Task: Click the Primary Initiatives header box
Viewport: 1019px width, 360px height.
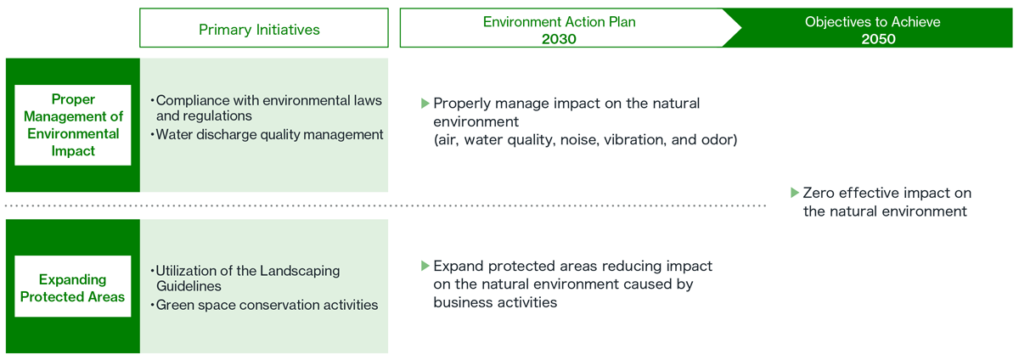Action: tap(259, 29)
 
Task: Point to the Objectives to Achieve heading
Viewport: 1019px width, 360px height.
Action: tap(872, 21)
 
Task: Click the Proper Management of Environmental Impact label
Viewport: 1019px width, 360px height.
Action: tap(73, 125)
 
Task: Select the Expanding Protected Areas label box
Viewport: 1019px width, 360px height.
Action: tap(73, 287)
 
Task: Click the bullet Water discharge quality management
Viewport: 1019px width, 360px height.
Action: tap(269, 133)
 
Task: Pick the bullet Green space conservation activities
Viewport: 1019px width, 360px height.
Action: tap(266, 304)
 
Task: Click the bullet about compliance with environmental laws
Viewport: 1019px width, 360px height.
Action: tap(268, 107)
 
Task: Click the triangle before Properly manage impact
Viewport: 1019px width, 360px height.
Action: tap(425, 103)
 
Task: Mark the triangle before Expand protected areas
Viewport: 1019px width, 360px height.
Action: tap(425, 266)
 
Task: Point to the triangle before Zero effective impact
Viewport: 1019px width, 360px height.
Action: tap(795, 192)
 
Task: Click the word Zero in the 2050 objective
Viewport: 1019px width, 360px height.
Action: tap(819, 193)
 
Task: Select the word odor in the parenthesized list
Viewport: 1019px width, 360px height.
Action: tap(719, 140)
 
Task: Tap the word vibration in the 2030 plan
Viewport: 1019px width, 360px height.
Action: tap(632, 140)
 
